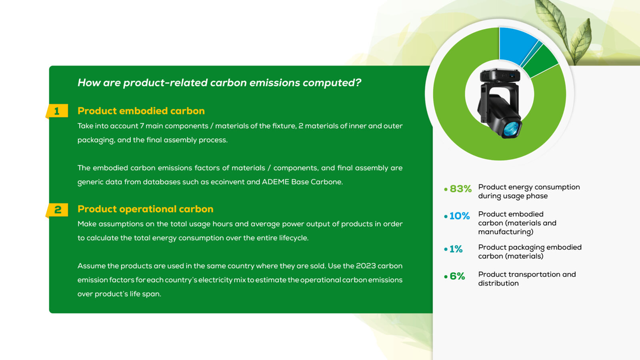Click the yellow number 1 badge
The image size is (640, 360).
coord(57,111)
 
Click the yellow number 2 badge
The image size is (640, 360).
coord(57,210)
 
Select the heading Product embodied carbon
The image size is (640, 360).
coord(141,111)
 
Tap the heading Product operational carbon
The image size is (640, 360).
coord(146,209)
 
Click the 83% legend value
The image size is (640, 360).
coord(460,189)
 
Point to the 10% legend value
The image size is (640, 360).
coord(460,216)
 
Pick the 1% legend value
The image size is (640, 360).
coord(456,249)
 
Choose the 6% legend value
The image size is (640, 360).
coord(457,276)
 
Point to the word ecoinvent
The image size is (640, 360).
coord(222,182)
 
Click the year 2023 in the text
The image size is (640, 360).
coord(366,266)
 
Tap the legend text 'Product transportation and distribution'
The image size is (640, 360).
coord(527,279)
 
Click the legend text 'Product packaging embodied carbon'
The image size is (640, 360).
coord(530,252)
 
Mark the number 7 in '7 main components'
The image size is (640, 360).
coord(142,126)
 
